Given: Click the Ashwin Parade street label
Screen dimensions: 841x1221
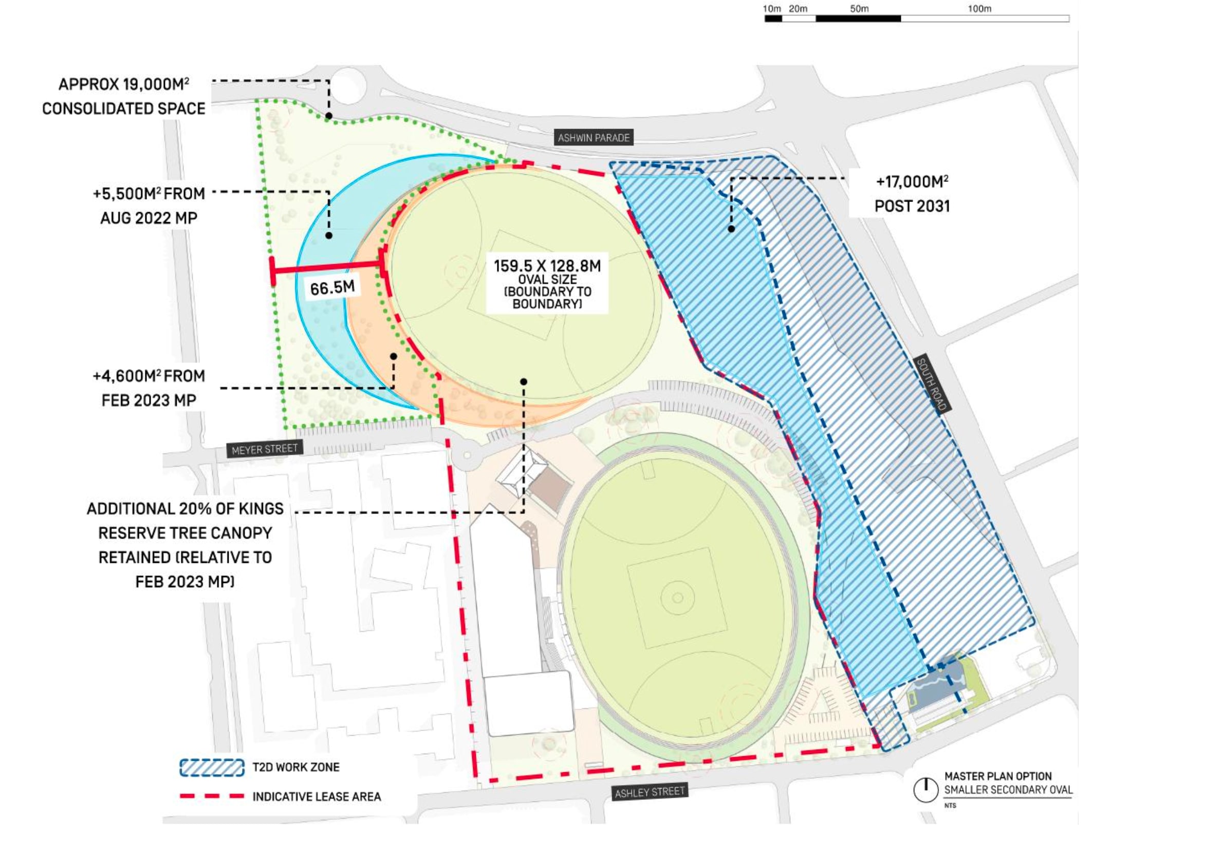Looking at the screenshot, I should [x=594, y=138].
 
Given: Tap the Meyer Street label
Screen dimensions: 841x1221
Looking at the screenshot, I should [x=265, y=449].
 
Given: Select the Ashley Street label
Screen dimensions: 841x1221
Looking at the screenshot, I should [x=650, y=792].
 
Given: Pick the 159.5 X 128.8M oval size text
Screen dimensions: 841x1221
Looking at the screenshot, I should [x=547, y=266].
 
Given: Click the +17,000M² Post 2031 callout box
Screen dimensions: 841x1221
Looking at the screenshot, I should [x=912, y=193].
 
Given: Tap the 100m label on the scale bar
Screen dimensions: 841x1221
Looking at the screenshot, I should [x=979, y=8].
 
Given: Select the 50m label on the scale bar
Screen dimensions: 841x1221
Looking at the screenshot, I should [x=859, y=8].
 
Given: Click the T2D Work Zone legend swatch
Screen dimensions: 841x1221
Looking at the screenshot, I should [x=212, y=767].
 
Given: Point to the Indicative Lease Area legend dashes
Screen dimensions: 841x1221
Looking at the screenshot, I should [x=212, y=796].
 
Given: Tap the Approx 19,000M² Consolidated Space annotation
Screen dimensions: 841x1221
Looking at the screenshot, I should [x=124, y=97].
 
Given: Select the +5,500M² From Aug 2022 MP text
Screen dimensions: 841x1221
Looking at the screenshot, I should [x=149, y=206].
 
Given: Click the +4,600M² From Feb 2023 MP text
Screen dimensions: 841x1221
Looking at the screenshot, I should [x=149, y=388].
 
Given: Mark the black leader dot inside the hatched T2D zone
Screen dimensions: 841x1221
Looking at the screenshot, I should [x=731, y=229].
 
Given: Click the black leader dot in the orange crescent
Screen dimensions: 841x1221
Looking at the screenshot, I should [x=394, y=357].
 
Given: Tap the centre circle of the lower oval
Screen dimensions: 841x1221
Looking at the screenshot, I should [x=678, y=597].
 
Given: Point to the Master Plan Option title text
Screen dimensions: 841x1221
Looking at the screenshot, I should [x=997, y=776].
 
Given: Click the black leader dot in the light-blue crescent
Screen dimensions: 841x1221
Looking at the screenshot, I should [x=329, y=235].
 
